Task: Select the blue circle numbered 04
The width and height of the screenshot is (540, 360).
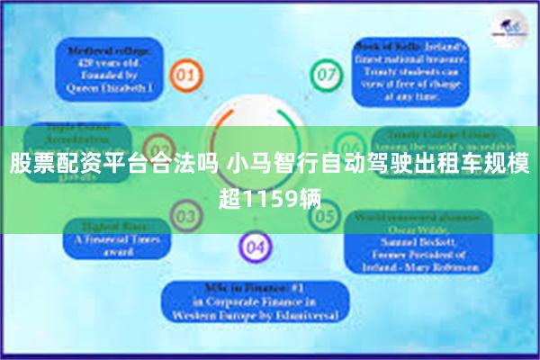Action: pos(256,246)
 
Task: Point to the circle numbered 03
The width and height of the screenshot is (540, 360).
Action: pos(186,216)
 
